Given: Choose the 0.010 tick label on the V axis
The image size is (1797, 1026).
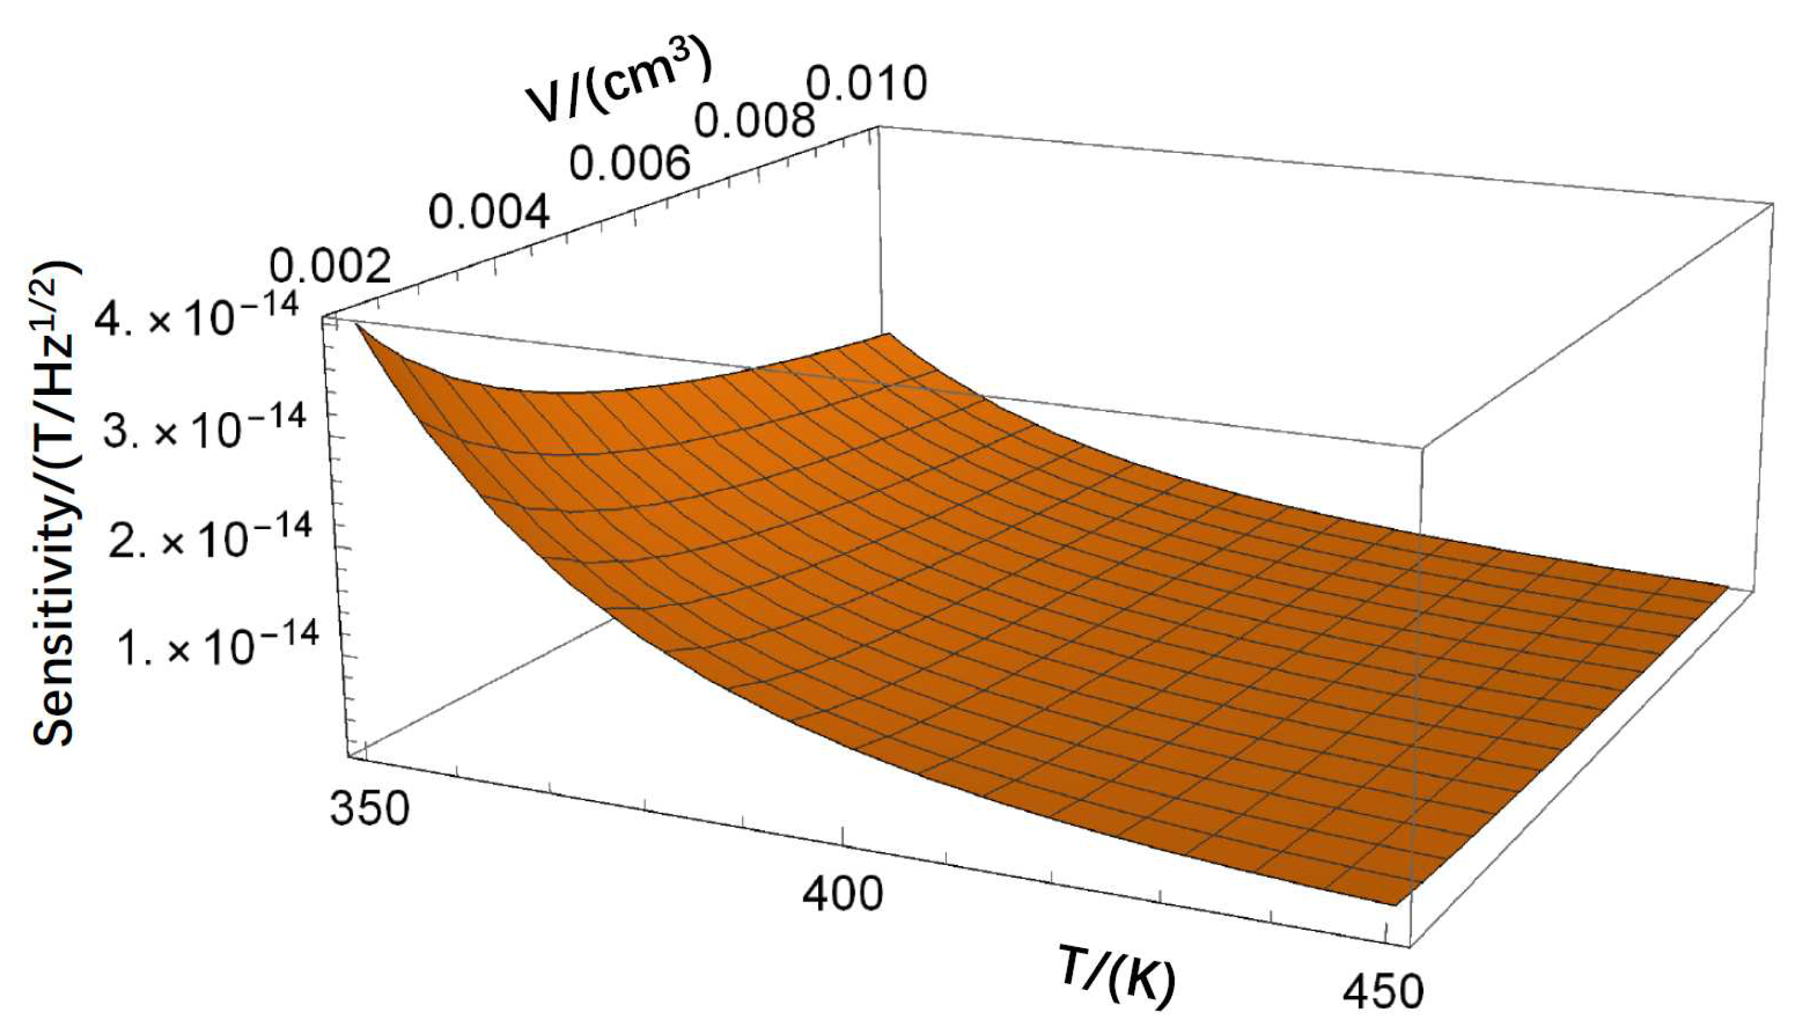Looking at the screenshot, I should point(865,85).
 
